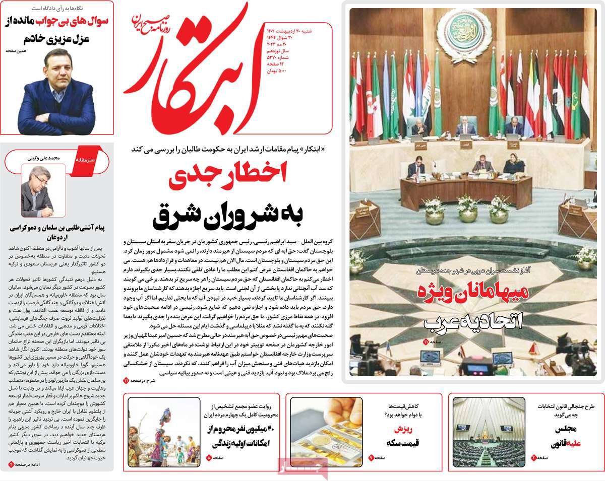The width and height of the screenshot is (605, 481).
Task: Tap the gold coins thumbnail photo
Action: (326, 432)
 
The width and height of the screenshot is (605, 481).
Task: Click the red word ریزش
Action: (403, 429)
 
